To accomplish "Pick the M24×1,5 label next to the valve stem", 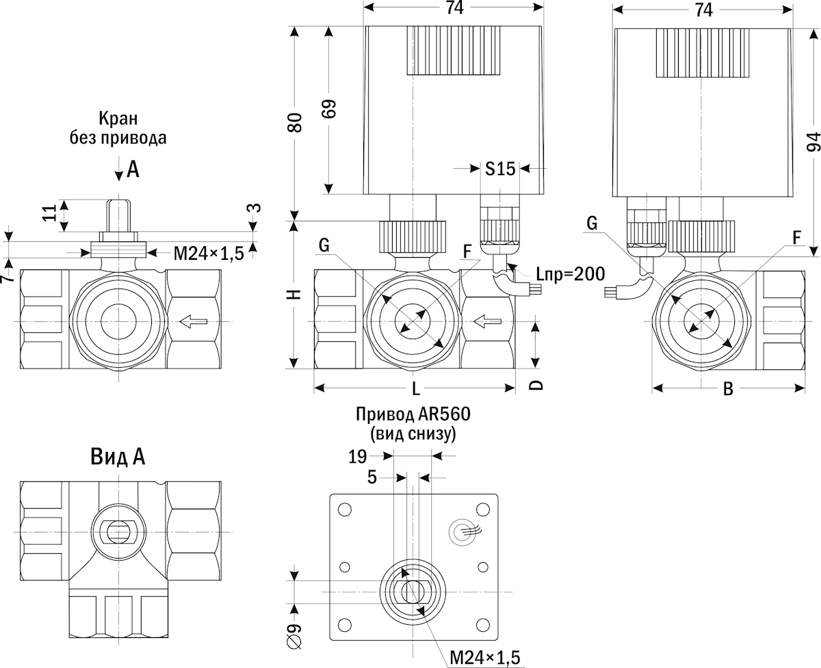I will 208,254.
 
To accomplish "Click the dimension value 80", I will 294,123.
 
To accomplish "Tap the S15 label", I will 499,168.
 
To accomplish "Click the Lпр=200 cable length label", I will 570,275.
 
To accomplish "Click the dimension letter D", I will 537,384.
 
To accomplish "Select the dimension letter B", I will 728,389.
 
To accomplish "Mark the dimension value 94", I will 813,140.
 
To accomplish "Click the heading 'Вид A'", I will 117,456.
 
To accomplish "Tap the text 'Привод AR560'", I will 413,415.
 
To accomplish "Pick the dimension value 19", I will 358,456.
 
